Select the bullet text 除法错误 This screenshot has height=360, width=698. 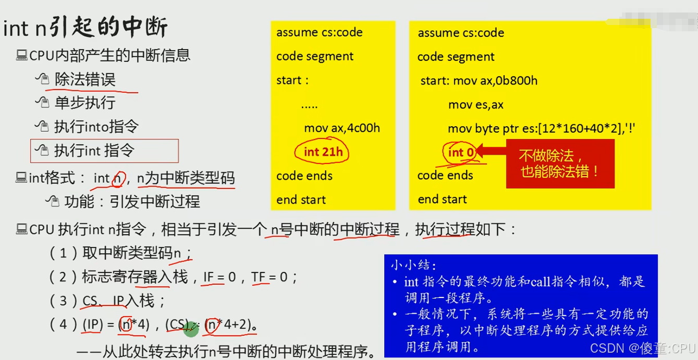[85, 80]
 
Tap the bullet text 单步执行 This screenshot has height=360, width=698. [85, 103]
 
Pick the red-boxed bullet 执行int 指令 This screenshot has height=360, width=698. [94, 151]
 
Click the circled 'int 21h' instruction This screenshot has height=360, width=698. [323, 152]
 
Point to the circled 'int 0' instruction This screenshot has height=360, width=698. [462, 152]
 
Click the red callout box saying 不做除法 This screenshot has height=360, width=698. [560, 163]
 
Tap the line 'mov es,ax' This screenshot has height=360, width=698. [475, 104]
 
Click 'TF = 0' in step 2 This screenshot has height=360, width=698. [270, 277]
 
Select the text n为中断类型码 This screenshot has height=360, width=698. [186, 178]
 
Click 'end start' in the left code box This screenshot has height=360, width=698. [301, 200]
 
